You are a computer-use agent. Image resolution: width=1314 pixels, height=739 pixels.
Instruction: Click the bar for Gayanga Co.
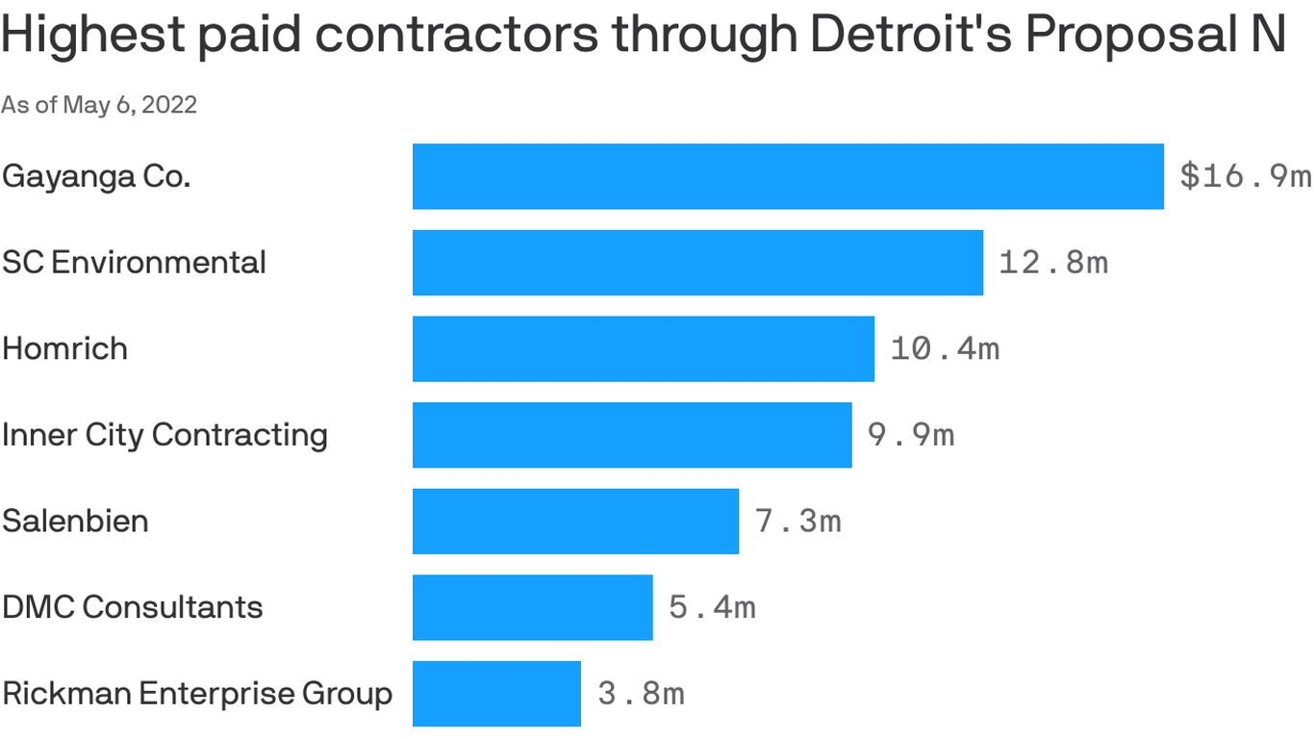(788, 176)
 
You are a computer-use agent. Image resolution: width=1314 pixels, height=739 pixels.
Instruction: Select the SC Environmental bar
(697, 262)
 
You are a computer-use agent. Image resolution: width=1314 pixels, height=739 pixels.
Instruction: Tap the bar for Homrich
(643, 348)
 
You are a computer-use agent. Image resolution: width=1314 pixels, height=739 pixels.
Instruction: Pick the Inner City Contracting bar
(632, 435)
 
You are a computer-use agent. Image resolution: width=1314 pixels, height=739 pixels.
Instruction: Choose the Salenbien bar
(575, 521)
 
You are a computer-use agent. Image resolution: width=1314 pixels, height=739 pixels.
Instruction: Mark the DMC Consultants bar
(532, 607)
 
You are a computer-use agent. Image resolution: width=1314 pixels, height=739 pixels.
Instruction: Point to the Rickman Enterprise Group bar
(496, 693)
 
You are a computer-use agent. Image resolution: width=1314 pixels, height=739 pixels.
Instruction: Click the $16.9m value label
(1245, 176)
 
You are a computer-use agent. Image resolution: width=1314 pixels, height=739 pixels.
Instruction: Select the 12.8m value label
(1053, 262)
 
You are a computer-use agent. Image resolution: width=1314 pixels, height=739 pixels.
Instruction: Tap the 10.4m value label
(945, 348)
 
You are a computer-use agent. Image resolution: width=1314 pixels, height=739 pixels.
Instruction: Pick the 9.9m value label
(911, 435)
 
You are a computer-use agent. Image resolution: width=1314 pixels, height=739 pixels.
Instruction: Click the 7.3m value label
(798, 521)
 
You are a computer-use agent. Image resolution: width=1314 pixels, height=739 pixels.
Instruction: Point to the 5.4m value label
(712, 607)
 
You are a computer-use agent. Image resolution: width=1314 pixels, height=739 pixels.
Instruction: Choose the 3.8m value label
(641, 693)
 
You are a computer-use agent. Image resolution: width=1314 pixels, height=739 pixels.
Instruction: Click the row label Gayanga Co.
(96, 177)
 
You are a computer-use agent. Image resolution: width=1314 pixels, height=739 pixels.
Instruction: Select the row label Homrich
(64, 348)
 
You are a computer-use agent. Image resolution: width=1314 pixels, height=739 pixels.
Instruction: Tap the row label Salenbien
(75, 521)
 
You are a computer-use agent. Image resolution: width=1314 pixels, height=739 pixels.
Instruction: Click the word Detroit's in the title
(909, 36)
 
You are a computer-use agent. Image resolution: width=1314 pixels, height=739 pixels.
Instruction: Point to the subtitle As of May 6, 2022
(99, 105)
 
